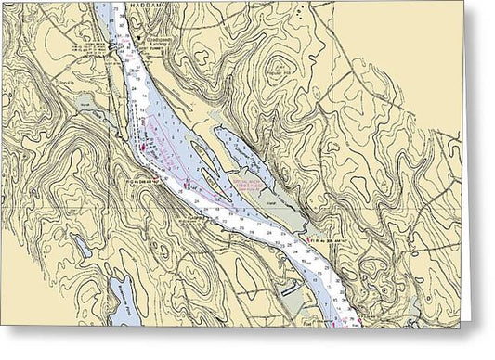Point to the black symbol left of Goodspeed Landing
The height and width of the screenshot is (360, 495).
click(139, 40)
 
